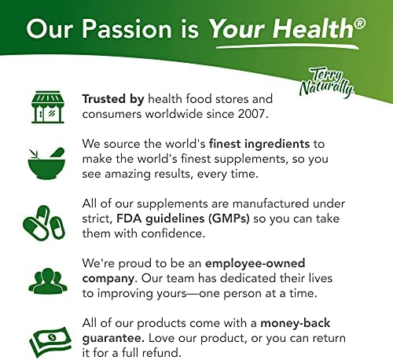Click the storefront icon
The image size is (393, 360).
pyautogui.click(x=48, y=107)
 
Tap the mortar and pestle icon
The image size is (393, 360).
pyautogui.click(x=46, y=163)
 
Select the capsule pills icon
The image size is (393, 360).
pyautogui.click(x=44, y=222)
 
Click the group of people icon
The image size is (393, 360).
pyautogui.click(x=48, y=281)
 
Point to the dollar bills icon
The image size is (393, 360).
pyautogui.click(x=50, y=342)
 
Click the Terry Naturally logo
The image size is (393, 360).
pyautogui.click(x=327, y=82)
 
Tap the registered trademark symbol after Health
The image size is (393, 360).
pyautogui.click(x=360, y=24)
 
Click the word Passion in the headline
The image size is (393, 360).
pyautogui.click(x=127, y=28)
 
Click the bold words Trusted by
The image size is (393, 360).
pyautogui.click(x=113, y=99)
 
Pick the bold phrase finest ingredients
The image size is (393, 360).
pyautogui.click(x=259, y=144)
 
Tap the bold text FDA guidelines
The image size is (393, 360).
pyautogui.click(x=160, y=219)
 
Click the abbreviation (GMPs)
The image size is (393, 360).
pyautogui.click(x=229, y=219)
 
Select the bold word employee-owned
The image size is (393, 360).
pyautogui.click(x=255, y=263)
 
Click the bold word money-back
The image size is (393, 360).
pyautogui.click(x=296, y=323)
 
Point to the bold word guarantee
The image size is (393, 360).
pyautogui.click(x=113, y=339)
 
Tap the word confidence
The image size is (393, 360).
pyautogui.click(x=173, y=233)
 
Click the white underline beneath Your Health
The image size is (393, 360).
pyautogui.click(x=288, y=47)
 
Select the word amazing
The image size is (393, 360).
pyautogui.click(x=127, y=174)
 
